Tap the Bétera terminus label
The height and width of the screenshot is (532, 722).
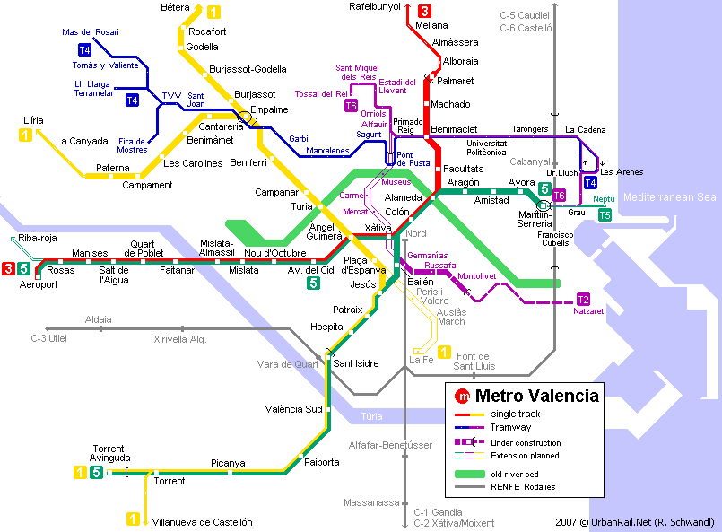[175, 7]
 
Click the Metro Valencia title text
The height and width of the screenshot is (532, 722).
[536, 396]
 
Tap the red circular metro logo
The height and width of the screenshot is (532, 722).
[463, 396]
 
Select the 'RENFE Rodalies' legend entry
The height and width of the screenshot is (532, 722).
[523, 487]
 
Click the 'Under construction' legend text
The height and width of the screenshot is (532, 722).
[526, 443]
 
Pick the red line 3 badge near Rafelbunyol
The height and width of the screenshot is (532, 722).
[424, 12]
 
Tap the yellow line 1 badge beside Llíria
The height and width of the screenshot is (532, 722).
[26, 135]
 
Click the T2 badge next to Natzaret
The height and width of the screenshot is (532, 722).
[583, 300]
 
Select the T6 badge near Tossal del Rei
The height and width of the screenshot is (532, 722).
[351, 106]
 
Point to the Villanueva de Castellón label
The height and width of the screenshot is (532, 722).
[202, 522]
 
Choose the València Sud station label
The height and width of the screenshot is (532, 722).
[293, 409]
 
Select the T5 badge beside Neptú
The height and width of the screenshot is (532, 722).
[605, 215]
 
